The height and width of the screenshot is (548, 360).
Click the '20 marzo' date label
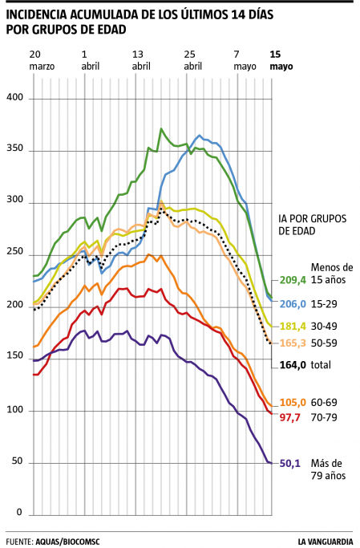(x=41, y=60)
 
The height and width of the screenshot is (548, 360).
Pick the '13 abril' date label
(x=141, y=60)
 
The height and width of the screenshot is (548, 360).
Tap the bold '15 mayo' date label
(x=281, y=60)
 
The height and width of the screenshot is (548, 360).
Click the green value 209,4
(x=293, y=281)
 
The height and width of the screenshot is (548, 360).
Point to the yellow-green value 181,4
(x=293, y=326)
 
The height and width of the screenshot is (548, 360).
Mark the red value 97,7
(x=290, y=419)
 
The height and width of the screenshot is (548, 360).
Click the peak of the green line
(x=161, y=128)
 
